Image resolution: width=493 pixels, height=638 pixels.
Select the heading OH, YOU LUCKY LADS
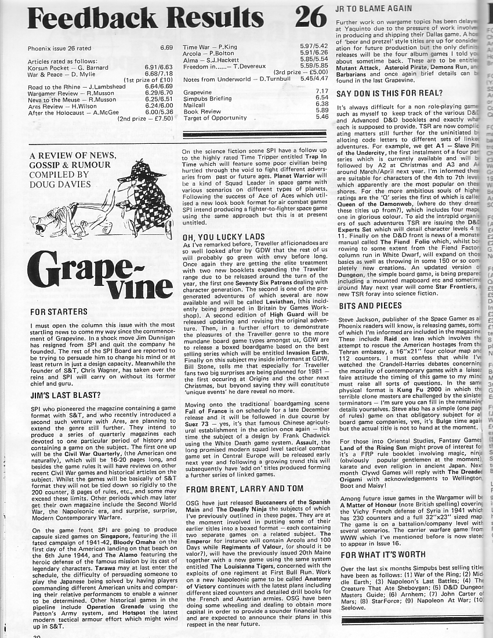pyautogui.click(x=220, y=236)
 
